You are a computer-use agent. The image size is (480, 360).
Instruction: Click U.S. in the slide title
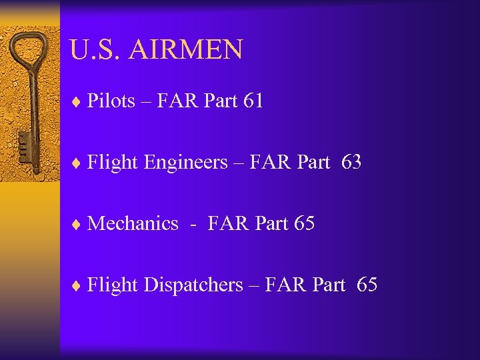tap(93, 50)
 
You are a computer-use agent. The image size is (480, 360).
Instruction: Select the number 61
tap(253, 101)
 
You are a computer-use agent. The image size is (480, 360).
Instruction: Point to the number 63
tap(351, 162)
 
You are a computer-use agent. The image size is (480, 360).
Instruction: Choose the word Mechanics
tap(133, 224)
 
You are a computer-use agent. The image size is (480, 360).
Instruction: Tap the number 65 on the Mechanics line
tap(304, 224)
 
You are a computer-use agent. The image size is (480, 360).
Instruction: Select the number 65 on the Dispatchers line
tap(367, 285)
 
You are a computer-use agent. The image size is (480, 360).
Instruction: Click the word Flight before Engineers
tap(113, 163)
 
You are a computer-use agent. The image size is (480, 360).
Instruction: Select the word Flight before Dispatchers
tap(113, 285)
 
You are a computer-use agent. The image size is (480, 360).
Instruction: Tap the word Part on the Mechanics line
tap(271, 224)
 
